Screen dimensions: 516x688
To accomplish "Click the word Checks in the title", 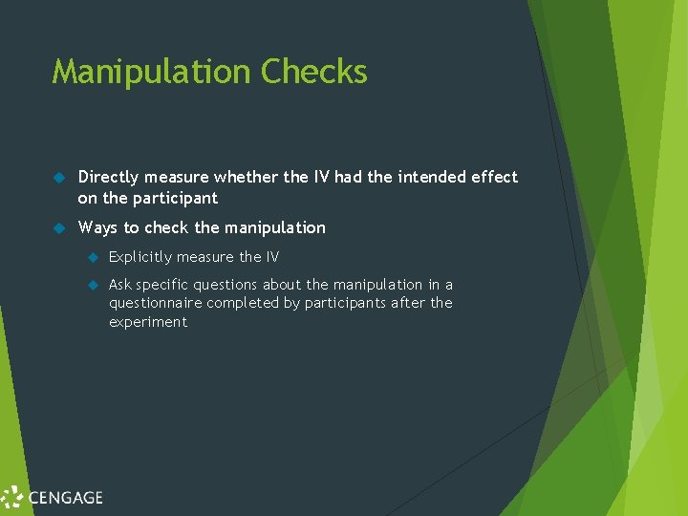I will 313,73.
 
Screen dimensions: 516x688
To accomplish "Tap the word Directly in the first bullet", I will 107,177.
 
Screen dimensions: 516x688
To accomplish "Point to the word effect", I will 492,177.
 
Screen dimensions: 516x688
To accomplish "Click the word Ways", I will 97,227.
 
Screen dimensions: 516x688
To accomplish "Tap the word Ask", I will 120,285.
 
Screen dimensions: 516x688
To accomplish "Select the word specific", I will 163,285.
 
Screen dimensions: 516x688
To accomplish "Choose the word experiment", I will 148,322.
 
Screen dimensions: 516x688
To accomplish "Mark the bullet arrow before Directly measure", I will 58,178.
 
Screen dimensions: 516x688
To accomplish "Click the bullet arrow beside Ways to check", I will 58,228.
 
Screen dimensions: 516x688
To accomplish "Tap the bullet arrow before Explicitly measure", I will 93,257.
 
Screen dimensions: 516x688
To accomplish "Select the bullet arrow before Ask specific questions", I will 93,285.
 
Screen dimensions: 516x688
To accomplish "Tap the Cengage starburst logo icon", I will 12,497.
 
